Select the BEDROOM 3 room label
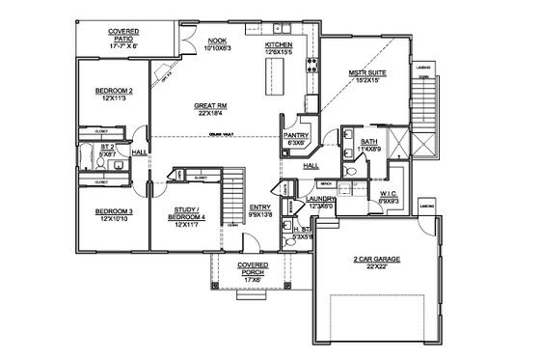113,211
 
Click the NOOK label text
218,42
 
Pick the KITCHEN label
280,44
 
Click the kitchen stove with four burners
311,67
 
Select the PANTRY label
295,136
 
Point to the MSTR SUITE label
368,73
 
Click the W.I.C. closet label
389,193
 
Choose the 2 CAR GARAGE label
371,260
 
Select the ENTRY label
260,208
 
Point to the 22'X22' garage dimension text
371,268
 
